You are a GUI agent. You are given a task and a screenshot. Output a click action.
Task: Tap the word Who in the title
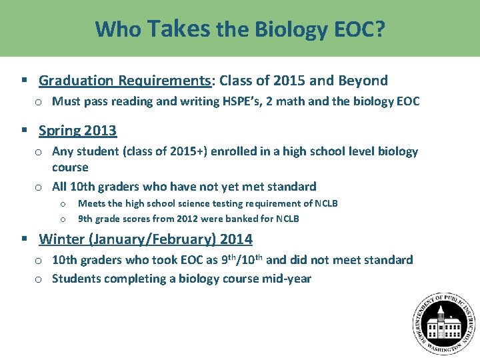[117, 29]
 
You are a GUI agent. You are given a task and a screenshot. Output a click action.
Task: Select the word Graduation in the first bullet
[76, 81]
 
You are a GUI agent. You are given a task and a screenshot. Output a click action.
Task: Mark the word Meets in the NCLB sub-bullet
[91, 203]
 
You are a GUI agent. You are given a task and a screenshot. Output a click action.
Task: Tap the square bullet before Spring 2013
[25, 131]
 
